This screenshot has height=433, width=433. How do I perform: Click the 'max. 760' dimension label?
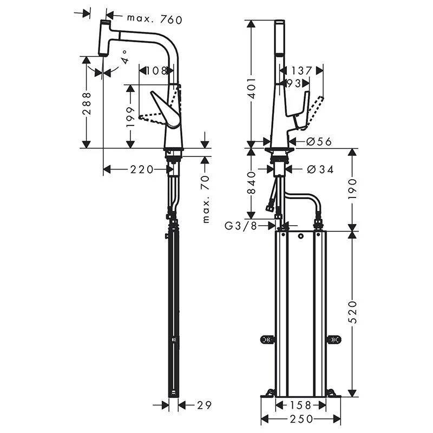point(154,19)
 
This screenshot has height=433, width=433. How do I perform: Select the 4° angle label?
point(124,57)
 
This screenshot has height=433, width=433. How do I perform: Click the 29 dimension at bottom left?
point(204,405)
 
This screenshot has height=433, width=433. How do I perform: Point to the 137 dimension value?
point(301,70)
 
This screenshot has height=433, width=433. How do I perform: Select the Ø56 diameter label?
point(319,141)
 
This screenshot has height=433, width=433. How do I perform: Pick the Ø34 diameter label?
point(320,169)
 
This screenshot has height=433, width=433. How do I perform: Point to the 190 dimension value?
point(352,189)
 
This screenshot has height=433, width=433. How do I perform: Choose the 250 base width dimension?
point(301,419)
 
